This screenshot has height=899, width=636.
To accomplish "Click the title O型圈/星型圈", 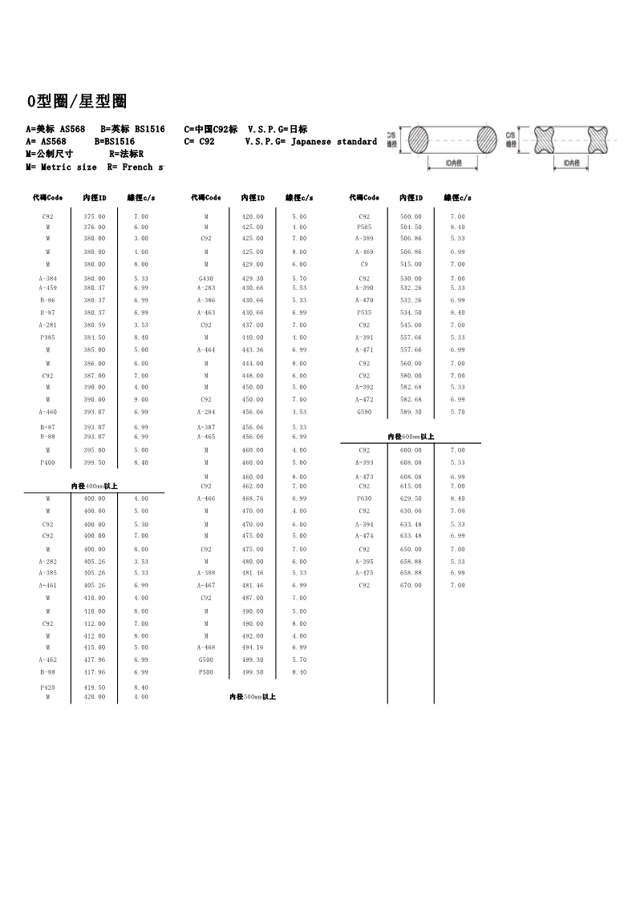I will (77, 102).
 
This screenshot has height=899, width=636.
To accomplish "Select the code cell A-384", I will (47, 279).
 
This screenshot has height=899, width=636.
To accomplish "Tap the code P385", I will (47, 337).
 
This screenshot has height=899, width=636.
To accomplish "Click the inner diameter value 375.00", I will (94, 216).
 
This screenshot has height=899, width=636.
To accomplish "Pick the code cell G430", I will (206, 279).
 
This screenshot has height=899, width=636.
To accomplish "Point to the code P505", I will (364, 228).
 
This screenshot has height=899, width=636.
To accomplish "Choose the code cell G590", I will (364, 412).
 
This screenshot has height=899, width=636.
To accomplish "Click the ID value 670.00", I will (411, 586).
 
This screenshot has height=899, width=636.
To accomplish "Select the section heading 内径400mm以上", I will (94, 486).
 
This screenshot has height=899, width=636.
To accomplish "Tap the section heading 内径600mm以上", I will (411, 437).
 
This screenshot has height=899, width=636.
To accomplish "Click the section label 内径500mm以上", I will (252, 697).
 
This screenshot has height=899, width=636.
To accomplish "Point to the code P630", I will (364, 498).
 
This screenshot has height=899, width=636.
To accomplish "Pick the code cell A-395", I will (364, 562).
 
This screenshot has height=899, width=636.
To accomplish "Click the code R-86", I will (47, 300).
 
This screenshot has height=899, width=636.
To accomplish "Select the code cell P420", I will (47, 687).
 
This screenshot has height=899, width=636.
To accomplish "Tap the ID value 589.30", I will (411, 412).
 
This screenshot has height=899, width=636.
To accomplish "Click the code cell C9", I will (364, 264).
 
